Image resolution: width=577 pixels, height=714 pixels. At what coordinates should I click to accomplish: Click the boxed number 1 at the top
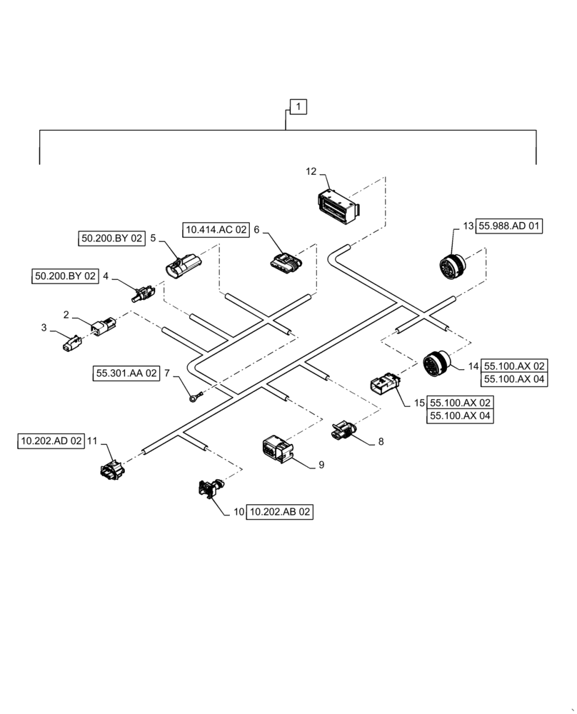pyautogui.click(x=298, y=107)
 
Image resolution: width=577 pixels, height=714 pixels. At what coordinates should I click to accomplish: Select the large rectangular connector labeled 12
pyautogui.click(x=337, y=203)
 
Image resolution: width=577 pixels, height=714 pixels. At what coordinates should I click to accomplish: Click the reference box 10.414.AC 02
pyautogui.click(x=216, y=230)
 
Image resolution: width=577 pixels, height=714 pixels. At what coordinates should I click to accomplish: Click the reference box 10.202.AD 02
pyautogui.click(x=51, y=442)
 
